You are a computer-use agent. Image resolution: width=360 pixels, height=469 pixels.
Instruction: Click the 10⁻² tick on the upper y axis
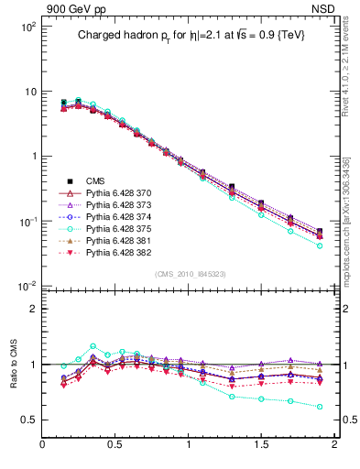click(29, 286)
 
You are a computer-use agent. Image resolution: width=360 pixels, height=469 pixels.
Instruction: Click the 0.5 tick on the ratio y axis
click(29, 420)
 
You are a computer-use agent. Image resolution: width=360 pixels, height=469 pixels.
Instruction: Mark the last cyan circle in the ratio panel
click(320, 406)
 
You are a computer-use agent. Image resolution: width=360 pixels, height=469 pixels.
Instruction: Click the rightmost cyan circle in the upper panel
click(320, 245)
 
